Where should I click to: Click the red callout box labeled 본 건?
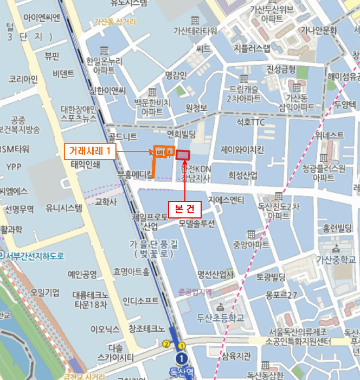[185, 208]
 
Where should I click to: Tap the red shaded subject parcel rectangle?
[183, 155]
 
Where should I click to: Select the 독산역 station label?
[182, 372]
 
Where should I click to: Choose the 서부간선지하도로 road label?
[33, 256]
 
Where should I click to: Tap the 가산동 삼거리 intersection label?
[115, 22]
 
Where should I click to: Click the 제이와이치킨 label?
[242, 149]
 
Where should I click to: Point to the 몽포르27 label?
[282, 295]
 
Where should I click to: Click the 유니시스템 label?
[64, 207]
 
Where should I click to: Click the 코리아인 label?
[23, 79]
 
